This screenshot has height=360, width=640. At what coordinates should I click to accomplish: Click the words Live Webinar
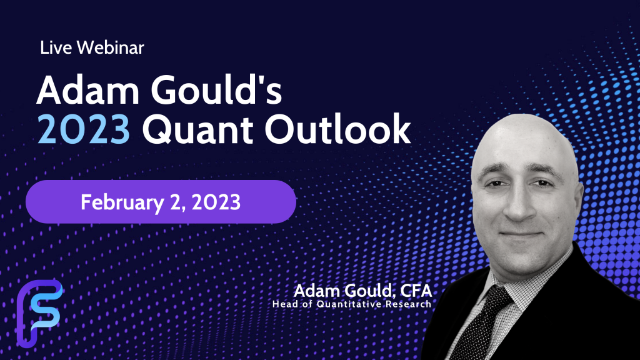click(x=91, y=48)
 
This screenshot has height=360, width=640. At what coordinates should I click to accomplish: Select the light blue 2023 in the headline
click(x=83, y=132)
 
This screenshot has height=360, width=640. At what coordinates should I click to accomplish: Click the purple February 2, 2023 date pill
click(x=161, y=202)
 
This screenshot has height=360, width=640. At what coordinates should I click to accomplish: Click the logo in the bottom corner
click(x=39, y=312)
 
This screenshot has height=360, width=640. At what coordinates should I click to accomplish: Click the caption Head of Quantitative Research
click(x=352, y=304)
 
